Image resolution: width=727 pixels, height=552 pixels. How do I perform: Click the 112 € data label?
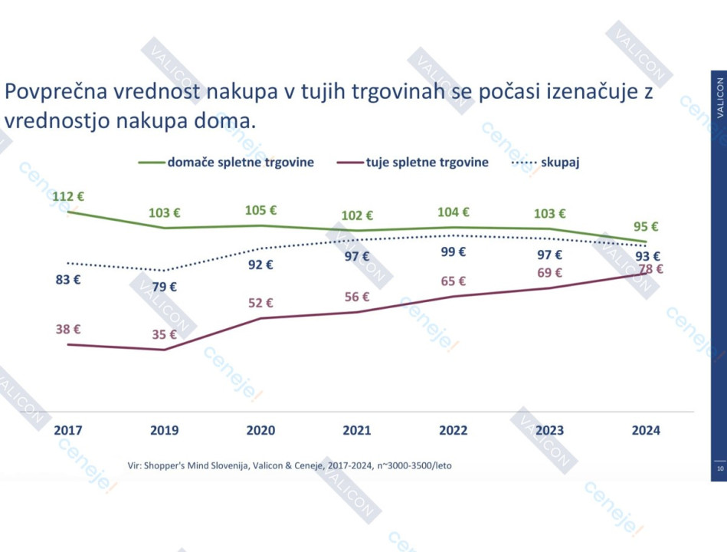[x=67, y=196]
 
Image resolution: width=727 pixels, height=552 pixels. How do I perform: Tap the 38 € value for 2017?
[x=68, y=329]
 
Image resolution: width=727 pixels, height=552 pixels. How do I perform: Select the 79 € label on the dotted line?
[x=164, y=287]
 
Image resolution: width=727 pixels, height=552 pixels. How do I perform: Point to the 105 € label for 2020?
[x=260, y=210]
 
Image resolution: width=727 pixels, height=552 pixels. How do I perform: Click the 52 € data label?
[x=260, y=303]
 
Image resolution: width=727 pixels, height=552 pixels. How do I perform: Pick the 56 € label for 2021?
[x=357, y=297]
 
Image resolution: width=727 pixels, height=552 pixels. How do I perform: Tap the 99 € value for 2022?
[x=454, y=251]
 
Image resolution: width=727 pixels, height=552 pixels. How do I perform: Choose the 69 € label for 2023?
[x=549, y=273]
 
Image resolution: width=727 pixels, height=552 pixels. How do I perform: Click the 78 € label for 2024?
[x=650, y=269]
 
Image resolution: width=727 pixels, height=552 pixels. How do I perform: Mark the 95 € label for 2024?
[x=646, y=227]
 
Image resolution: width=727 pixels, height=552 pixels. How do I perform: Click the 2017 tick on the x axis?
[x=68, y=430]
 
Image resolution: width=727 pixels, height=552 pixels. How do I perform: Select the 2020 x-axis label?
[x=260, y=430]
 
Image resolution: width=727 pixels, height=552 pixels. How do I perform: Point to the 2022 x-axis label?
[x=454, y=430]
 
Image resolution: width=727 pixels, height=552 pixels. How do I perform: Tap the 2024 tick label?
[x=646, y=430]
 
